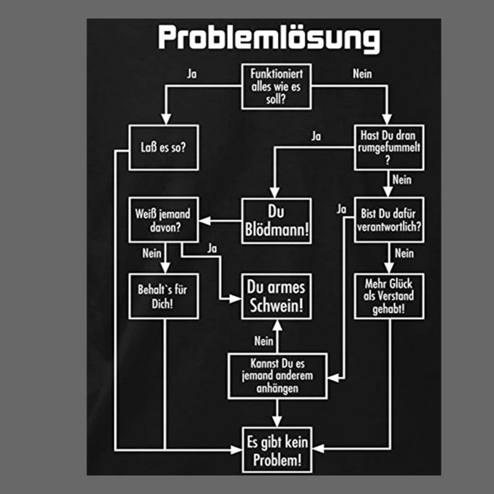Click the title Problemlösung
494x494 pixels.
click(269, 38)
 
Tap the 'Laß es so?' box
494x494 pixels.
click(163, 148)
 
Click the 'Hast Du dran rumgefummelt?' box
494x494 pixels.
click(390, 148)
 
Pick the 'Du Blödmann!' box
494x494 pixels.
click(276, 221)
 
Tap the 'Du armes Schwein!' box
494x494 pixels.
click(276, 297)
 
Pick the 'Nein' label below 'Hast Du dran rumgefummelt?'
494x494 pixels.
click(402, 180)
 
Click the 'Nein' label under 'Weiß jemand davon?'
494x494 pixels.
click(151, 253)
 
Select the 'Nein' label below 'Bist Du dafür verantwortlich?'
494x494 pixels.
click(404, 253)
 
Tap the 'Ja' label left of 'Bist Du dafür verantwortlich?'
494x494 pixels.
click(341, 209)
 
